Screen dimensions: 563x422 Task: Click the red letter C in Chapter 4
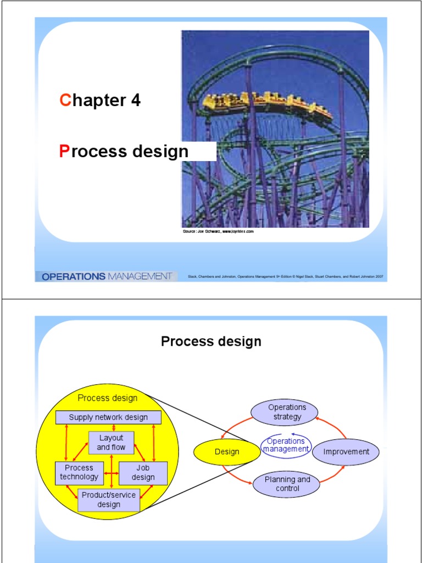[65, 100]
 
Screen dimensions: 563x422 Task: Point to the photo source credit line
[218, 232]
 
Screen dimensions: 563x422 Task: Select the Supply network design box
[108, 417]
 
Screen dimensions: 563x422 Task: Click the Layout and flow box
[111, 443]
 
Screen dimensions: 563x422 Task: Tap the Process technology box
[79, 472]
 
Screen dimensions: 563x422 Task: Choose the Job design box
[143, 472]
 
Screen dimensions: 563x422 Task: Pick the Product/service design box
[108, 500]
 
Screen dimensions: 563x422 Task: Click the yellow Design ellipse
[227, 452]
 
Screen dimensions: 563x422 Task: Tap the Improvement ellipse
[346, 452]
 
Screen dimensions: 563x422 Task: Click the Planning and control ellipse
[287, 484]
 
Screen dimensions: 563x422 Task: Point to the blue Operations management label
[286, 445]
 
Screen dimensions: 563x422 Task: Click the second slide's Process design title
[211, 341]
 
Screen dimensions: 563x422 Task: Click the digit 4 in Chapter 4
[135, 100]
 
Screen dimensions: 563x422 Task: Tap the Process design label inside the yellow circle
[107, 398]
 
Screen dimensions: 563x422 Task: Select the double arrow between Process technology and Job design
[112, 472]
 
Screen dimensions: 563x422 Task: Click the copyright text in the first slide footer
[285, 277]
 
